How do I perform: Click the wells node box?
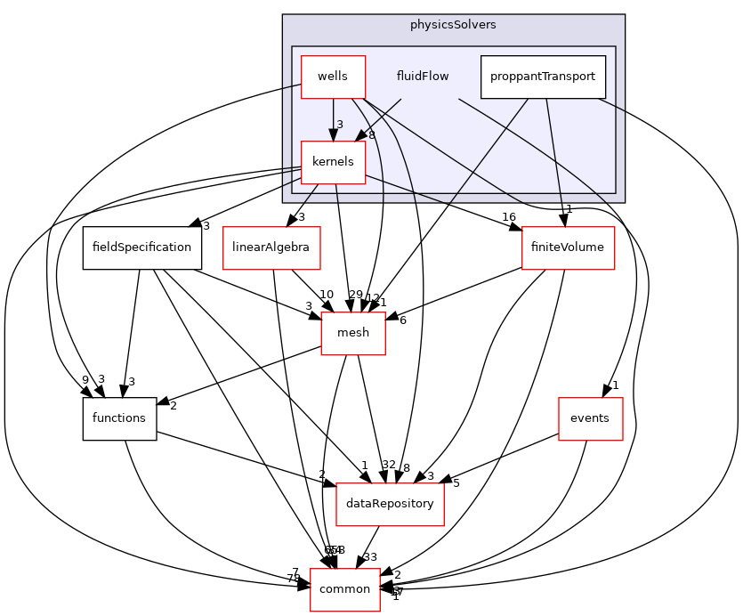333,77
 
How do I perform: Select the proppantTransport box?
543,77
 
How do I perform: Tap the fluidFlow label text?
422,77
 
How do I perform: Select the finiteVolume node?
568,247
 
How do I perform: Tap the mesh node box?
353,333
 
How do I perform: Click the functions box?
119,418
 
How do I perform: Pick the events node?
590,418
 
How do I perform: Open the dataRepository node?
389,504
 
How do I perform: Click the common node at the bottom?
344,589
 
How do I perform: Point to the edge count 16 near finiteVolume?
510,216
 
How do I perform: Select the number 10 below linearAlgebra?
327,295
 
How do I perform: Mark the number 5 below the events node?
456,483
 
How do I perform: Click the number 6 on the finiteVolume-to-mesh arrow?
402,320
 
